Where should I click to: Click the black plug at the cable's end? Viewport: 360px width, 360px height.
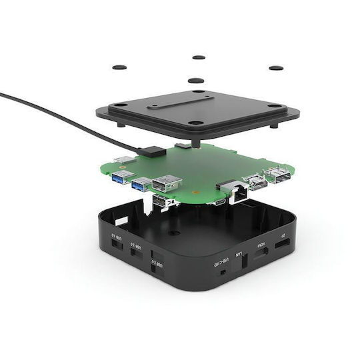(x=152, y=151)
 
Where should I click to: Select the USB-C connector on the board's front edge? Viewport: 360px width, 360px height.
(x=219, y=201)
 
